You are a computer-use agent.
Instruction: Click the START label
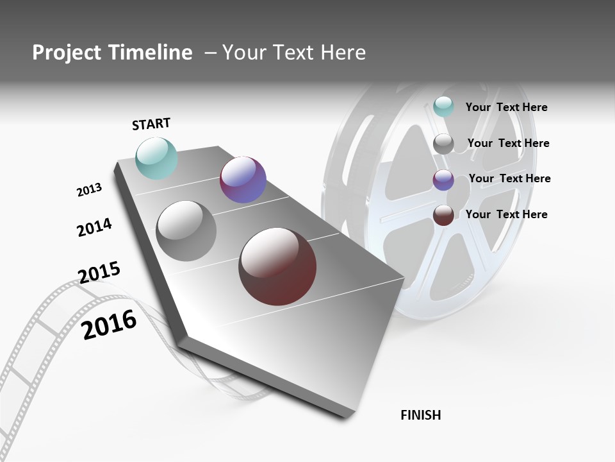(151, 124)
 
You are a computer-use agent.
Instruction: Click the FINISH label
(421, 415)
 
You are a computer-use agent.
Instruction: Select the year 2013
(89, 190)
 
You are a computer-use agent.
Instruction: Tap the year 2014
(94, 227)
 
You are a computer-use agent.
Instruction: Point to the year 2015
(99, 273)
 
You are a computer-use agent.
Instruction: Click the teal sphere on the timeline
(156, 158)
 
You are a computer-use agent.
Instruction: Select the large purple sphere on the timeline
(243, 180)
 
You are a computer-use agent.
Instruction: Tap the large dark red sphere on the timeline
(277, 266)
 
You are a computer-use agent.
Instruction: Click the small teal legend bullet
(443, 107)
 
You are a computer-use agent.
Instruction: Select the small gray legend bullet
(443, 144)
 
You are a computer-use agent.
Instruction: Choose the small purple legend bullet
(443, 180)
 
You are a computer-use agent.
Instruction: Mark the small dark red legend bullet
(443, 216)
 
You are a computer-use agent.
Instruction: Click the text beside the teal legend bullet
(506, 107)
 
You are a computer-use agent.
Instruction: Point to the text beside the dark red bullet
(506, 214)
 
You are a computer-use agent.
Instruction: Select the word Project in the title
(63, 53)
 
